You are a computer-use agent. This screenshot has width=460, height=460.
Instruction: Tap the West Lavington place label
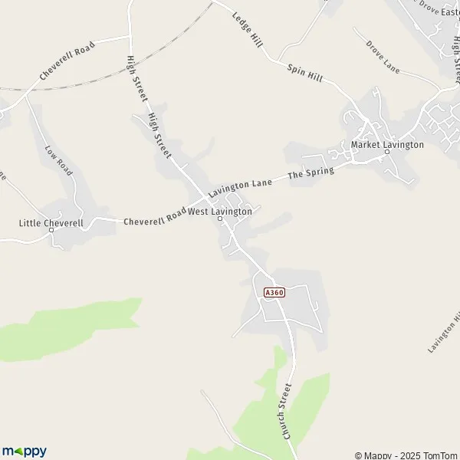click(220, 211)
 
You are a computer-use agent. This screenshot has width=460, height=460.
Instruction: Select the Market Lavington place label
click(387, 144)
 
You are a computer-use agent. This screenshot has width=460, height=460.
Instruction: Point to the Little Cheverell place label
click(51, 223)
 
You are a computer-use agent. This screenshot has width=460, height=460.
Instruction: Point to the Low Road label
click(58, 161)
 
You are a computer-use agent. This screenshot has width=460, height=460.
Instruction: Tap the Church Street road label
click(287, 411)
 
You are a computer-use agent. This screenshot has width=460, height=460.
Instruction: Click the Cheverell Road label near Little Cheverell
click(156, 217)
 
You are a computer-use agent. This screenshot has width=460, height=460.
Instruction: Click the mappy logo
click(24, 452)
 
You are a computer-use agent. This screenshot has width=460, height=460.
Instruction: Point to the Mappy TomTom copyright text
click(406, 455)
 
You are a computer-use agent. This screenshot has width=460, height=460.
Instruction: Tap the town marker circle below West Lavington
click(220, 219)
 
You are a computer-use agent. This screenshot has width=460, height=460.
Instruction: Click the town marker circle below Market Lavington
click(387, 152)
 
